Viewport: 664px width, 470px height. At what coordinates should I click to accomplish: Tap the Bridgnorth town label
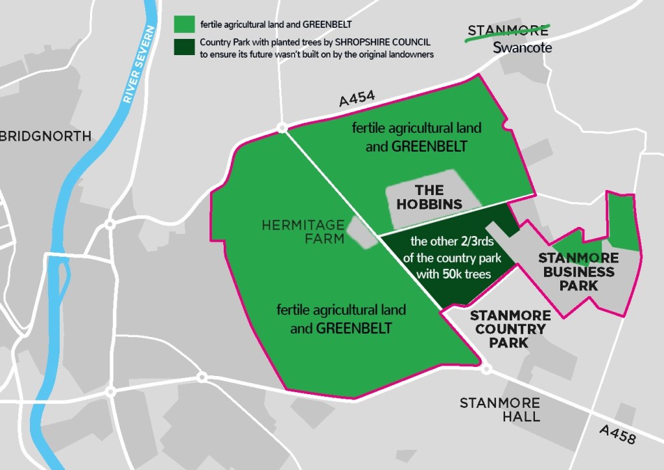pos(45,137)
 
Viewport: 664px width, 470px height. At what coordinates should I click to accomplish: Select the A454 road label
pos(357,99)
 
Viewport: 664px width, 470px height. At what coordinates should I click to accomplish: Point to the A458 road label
pos(617,434)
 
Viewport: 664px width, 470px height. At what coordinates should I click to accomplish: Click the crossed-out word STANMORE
pos(508,30)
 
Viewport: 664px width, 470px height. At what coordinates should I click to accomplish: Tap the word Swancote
pos(522,47)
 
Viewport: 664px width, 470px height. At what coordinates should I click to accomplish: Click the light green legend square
pos(184,24)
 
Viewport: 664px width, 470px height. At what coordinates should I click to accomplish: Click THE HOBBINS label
pos(430,197)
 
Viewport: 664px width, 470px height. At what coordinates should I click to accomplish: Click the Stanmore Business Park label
pos(578,272)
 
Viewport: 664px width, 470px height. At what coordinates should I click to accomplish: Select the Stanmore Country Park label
pos(510,329)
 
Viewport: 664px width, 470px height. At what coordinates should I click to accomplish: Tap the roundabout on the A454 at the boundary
pos(282,128)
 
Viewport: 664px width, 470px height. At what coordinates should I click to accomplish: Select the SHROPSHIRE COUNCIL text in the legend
pos(383,42)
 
